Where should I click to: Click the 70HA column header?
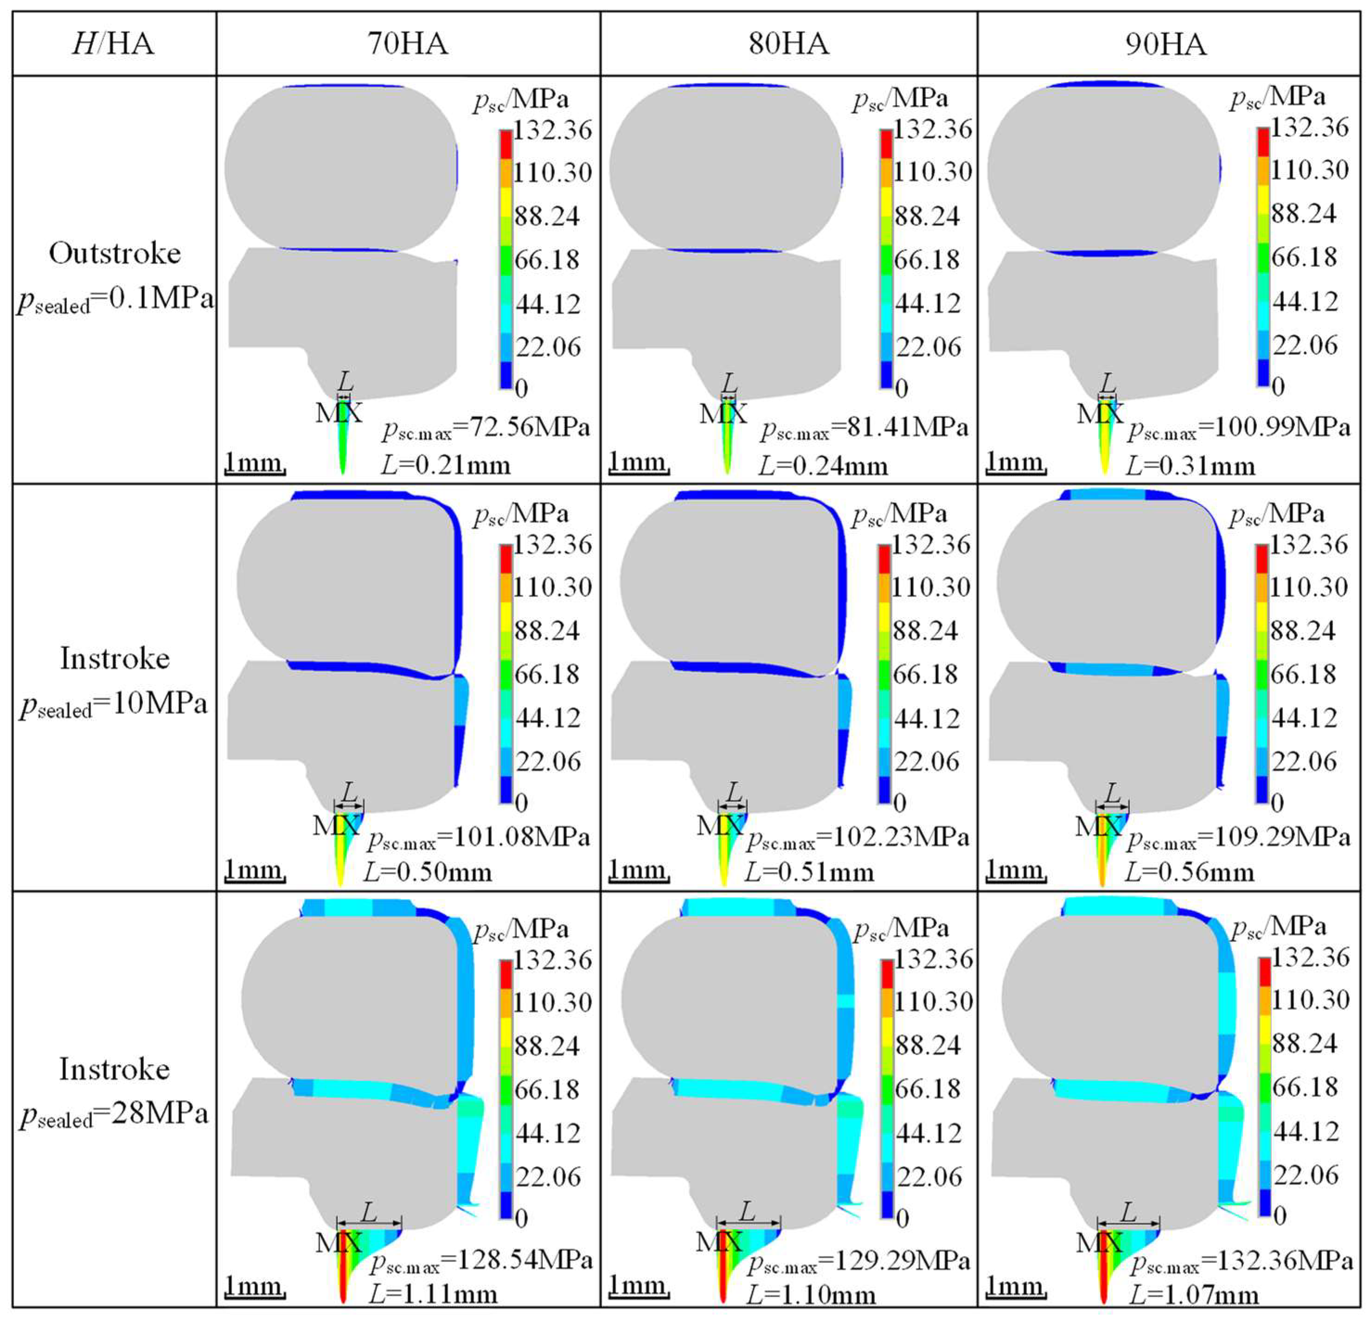408,44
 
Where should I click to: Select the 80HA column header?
788,44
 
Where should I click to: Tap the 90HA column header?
1166,44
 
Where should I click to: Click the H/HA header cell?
113,44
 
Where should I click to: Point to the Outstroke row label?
115,253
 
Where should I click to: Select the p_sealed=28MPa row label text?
113,1114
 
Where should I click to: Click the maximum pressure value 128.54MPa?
525,1260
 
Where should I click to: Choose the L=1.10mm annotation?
810,1295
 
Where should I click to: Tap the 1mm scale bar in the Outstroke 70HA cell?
254,463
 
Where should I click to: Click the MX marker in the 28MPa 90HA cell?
1099,1243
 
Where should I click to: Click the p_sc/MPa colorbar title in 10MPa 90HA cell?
1276,514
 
